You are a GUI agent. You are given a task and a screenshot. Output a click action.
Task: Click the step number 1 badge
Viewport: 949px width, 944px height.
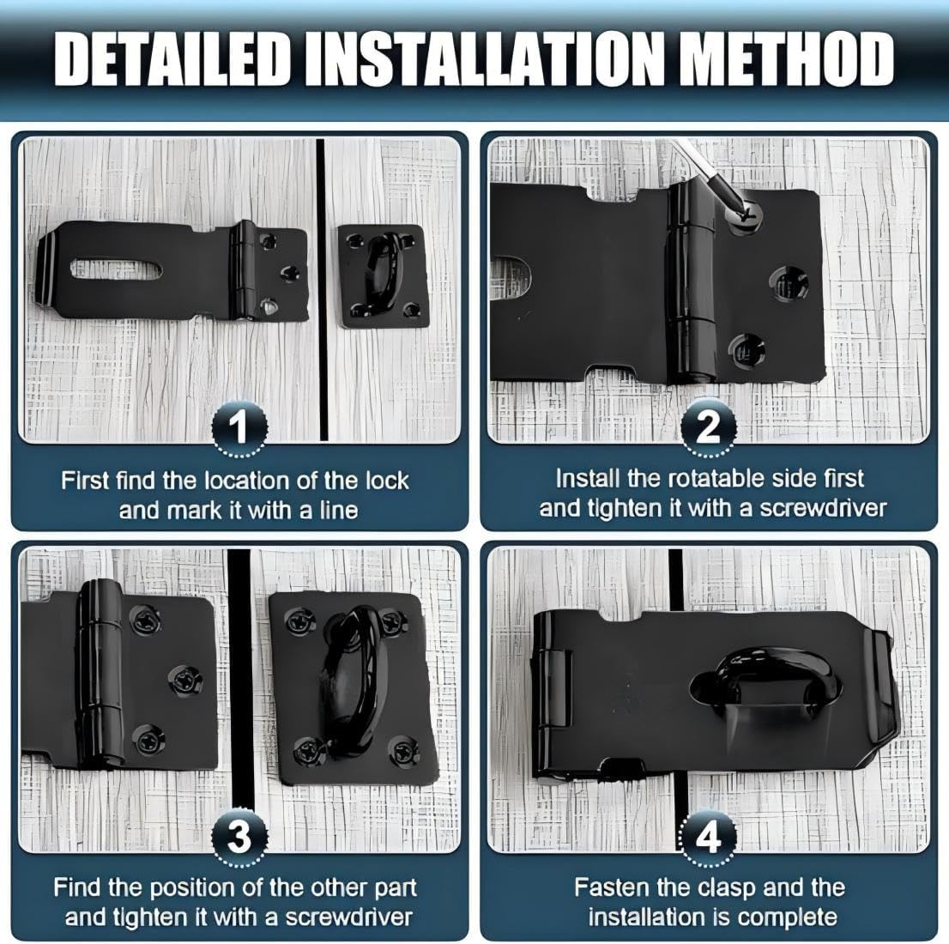click(x=240, y=426)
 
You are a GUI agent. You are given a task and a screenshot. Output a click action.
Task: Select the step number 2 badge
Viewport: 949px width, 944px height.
click(x=708, y=426)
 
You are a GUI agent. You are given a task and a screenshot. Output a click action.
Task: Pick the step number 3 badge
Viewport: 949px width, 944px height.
click(x=240, y=836)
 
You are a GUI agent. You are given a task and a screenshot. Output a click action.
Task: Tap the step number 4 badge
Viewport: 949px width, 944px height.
click(x=708, y=836)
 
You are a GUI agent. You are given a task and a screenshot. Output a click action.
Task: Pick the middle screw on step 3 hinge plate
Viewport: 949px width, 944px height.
click(x=183, y=681)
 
